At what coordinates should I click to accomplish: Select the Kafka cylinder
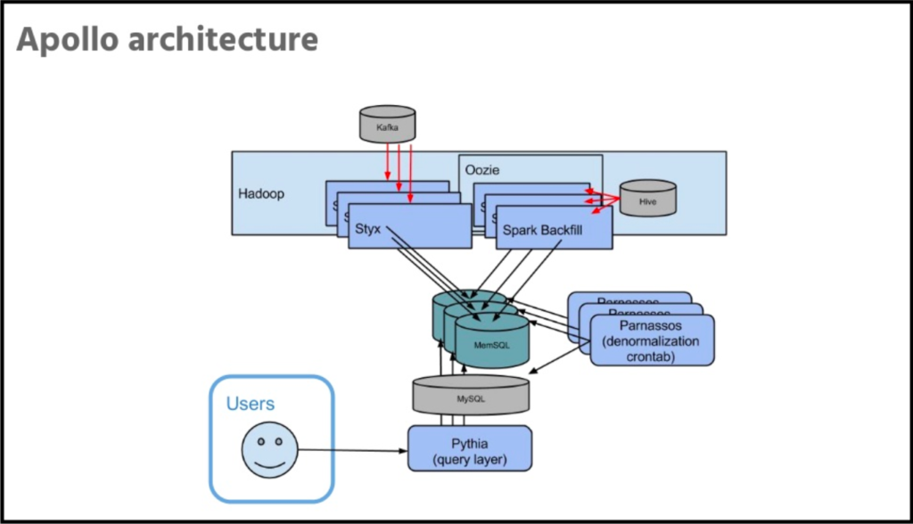click(x=387, y=125)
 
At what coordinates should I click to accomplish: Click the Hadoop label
click(x=261, y=193)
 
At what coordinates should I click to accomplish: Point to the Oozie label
click(x=483, y=169)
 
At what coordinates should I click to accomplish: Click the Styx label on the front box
click(x=366, y=229)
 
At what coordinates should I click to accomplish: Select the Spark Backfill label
click(x=554, y=230)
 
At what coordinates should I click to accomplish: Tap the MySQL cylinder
click(x=470, y=395)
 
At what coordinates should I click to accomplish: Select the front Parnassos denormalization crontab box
click(x=652, y=340)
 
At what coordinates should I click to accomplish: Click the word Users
click(x=251, y=404)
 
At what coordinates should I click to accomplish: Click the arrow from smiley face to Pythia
click(x=352, y=450)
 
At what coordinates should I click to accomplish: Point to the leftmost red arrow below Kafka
click(x=387, y=165)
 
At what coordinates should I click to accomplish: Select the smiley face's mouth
click(x=268, y=463)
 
